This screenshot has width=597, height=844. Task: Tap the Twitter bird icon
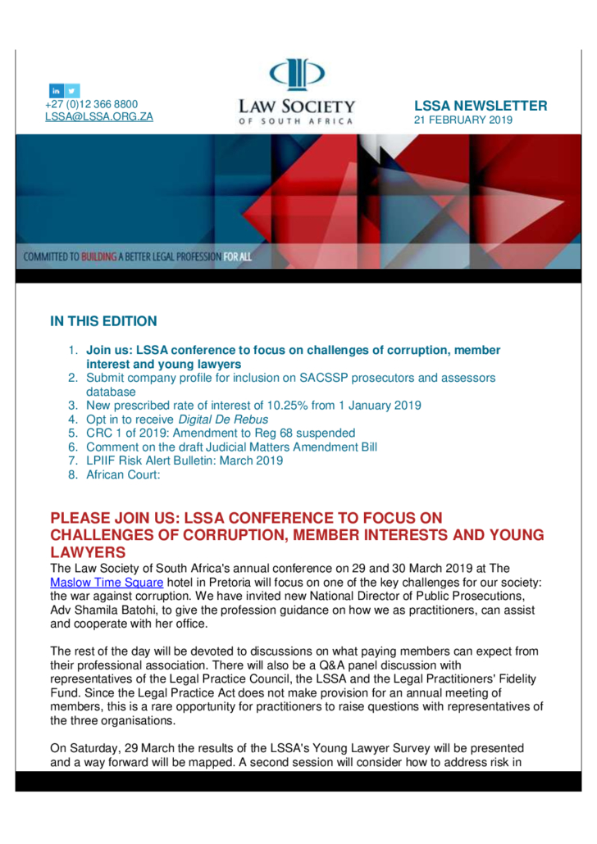pyautogui.click(x=72, y=90)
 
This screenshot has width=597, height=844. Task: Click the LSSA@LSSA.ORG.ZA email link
pyautogui.click(x=98, y=117)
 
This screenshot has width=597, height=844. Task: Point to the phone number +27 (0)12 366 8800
pyautogui.click(x=91, y=104)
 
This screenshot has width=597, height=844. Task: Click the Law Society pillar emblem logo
pyautogui.click(x=297, y=77)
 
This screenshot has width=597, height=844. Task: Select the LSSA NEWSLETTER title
pyautogui.click(x=481, y=106)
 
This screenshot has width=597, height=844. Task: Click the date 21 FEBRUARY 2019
pyautogui.click(x=463, y=120)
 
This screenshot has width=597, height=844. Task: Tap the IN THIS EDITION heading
pyautogui.click(x=103, y=321)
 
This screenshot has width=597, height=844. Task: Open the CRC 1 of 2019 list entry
pyautogui.click(x=221, y=433)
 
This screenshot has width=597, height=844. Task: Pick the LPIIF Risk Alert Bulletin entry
pyautogui.click(x=185, y=461)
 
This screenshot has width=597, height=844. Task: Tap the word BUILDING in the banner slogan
pyautogui.click(x=98, y=256)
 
